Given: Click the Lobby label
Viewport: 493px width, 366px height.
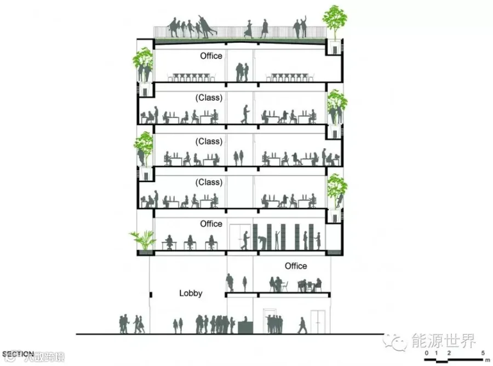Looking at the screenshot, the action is pos(191,294).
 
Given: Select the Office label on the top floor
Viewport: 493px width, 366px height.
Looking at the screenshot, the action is pos(211,56).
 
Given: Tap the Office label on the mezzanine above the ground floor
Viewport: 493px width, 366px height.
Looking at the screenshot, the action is pos(296,266).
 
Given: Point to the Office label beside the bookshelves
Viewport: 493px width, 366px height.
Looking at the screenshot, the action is pos(211,224).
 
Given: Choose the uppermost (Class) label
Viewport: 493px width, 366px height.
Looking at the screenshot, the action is pos(209,98).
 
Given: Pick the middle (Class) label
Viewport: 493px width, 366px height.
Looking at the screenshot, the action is pos(209,142).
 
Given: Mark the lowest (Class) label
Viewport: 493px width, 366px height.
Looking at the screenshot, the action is pos(209,182).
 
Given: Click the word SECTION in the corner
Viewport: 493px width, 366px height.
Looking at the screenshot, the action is pos(18,354).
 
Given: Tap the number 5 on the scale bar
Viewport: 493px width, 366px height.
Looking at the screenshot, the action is pos(483,352).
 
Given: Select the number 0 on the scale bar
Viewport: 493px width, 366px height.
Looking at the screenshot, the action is pos(426,352).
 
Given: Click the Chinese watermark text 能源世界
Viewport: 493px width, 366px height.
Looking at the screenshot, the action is pos(444,341).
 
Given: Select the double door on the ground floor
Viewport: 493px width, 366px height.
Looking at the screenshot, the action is pos(318,322).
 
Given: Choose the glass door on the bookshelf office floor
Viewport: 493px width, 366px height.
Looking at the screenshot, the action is pos(237,237).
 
